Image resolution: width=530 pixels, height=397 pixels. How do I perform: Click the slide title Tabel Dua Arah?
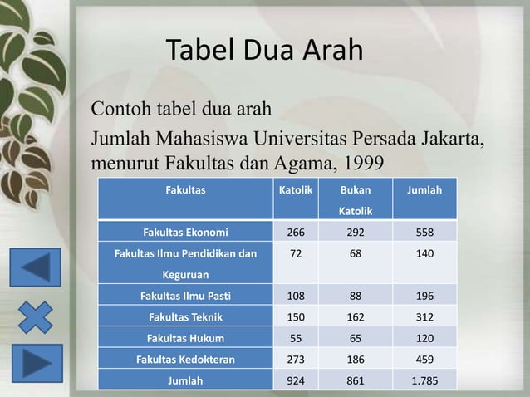pyautogui.click(x=265, y=51)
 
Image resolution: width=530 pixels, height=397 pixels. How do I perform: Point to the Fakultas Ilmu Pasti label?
pyautogui.click(x=185, y=295)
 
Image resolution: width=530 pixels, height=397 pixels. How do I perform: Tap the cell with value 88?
pyautogui.click(x=356, y=295)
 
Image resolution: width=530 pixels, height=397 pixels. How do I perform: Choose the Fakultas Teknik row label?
pyautogui.click(x=185, y=316)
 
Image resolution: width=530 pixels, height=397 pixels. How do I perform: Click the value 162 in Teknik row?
pyautogui.click(x=356, y=316)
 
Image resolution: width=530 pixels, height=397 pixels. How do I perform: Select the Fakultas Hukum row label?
pyautogui.click(x=185, y=338)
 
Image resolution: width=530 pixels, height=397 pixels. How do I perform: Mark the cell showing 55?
pyautogui.click(x=295, y=338)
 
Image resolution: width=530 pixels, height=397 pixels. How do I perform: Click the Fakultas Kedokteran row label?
pyautogui.click(x=185, y=360)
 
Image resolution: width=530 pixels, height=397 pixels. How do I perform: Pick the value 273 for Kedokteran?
pyautogui.click(x=295, y=360)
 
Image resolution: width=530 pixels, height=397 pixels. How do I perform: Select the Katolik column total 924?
pyautogui.click(x=295, y=381)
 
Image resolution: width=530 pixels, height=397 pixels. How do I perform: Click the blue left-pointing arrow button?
pyautogui.click(x=35, y=268)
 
